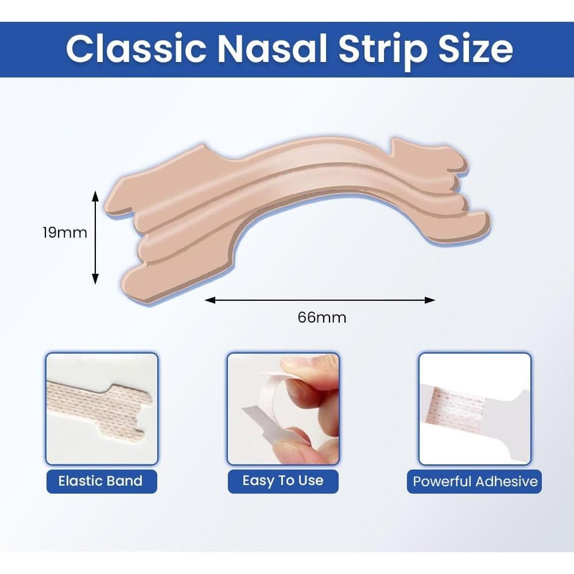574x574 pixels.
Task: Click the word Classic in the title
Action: (x=136, y=49)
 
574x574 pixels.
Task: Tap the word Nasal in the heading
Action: (x=272, y=49)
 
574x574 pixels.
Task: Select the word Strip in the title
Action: (x=382, y=51)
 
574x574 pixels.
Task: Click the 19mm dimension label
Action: (x=65, y=233)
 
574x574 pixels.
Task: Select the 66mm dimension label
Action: (x=322, y=317)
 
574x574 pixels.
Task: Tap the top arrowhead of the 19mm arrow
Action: (x=95, y=196)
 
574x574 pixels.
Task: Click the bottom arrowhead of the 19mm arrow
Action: (x=95, y=278)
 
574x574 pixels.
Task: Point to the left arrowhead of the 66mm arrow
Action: (x=210, y=300)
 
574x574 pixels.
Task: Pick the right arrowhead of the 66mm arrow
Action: (x=430, y=300)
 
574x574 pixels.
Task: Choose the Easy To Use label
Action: (x=283, y=481)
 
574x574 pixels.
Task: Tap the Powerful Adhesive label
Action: (x=475, y=481)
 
